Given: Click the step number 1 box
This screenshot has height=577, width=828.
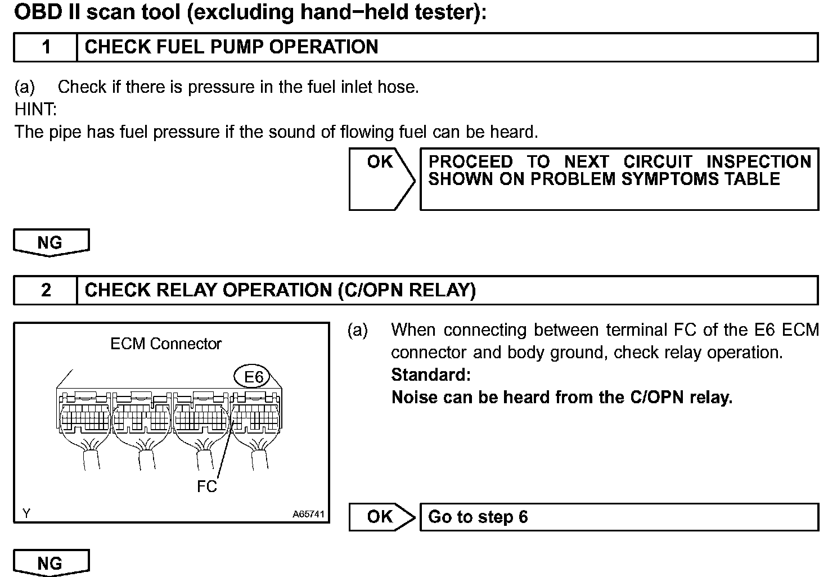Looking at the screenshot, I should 46,47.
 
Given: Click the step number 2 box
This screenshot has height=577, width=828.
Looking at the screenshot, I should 46,290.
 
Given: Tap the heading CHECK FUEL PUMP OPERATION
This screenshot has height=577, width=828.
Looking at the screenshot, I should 231,47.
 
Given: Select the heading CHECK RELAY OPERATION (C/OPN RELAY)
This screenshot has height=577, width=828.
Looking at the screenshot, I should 280,290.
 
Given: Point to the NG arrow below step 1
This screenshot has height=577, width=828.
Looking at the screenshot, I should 51,243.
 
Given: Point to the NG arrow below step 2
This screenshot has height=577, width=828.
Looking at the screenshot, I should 51,563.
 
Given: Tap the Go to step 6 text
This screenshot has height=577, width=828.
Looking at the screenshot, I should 478,517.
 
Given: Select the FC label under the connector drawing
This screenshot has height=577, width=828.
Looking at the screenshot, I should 206,486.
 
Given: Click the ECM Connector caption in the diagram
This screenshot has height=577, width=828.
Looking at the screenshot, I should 166,344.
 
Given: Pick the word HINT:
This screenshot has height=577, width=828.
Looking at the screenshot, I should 35,109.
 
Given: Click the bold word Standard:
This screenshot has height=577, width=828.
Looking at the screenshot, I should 430,375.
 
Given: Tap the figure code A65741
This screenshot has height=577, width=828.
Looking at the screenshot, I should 308,514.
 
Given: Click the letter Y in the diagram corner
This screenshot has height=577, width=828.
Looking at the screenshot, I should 26,513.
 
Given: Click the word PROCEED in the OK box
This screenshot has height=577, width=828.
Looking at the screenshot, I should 470,162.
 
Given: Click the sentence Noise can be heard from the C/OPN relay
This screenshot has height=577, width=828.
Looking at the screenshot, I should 561,398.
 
